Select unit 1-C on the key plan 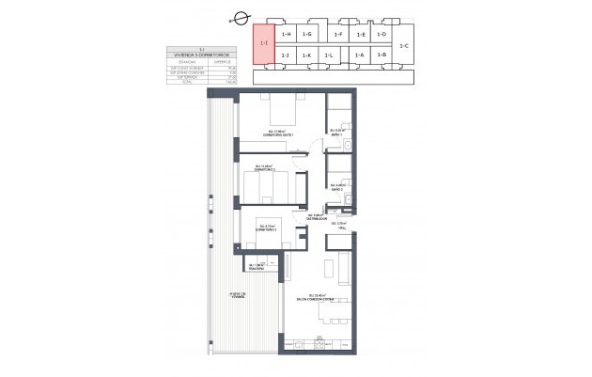(403, 45)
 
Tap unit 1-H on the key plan (287, 34)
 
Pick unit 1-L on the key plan (328, 56)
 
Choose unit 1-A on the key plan (359, 56)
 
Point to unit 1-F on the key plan (338, 34)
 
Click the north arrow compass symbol (241, 18)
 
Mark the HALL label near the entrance (352, 227)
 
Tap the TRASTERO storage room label (253, 268)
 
